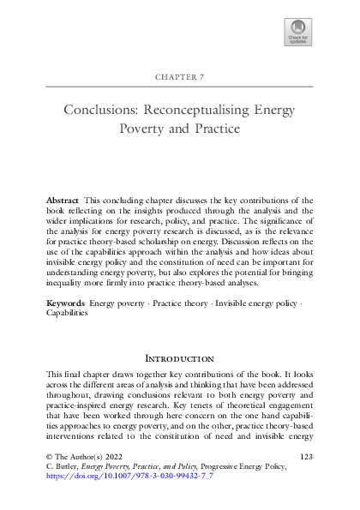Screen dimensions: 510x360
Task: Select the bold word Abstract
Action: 62,199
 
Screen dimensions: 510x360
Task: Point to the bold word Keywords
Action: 65,303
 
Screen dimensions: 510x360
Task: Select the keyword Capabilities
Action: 69,314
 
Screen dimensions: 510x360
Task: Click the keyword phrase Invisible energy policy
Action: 261,303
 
